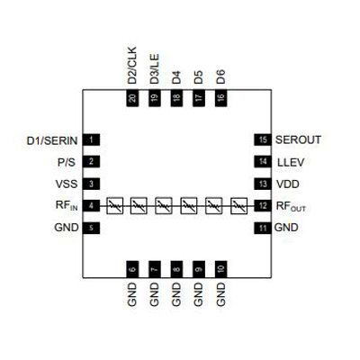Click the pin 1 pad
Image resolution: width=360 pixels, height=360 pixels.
point(91,139)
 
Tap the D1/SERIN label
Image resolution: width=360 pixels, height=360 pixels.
point(52,140)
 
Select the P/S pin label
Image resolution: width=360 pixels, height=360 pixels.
point(67,163)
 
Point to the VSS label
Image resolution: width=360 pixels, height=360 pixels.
point(67,184)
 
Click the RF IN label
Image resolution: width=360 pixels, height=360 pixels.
point(67,205)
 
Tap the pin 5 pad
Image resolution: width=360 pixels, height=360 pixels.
point(91,229)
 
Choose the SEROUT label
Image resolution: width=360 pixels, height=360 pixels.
point(298,139)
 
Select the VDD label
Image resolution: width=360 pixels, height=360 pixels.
point(287,184)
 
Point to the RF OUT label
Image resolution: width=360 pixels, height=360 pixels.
point(291,207)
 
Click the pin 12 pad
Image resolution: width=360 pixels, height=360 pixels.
point(263,206)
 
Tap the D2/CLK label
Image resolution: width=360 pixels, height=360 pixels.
point(132,66)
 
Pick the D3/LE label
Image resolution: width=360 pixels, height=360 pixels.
point(154,69)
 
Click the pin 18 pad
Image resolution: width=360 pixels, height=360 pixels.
point(176,98)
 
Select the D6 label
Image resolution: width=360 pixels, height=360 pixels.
point(220,76)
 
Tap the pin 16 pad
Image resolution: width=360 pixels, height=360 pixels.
point(220,98)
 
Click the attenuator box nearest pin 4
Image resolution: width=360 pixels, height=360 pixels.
point(115,205)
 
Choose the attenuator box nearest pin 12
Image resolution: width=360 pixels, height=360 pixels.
point(238,205)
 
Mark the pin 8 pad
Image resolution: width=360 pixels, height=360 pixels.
point(176,269)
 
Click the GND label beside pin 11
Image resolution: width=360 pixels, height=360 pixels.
point(286,228)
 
